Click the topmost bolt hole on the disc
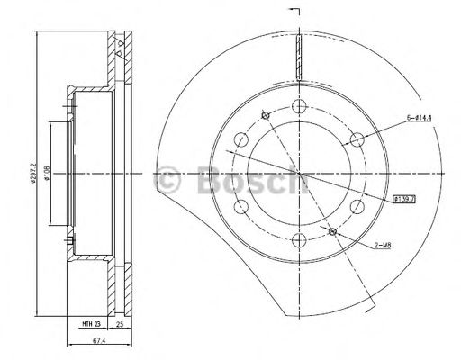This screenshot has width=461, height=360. [x=298, y=105]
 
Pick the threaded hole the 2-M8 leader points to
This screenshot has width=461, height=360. [x=333, y=231]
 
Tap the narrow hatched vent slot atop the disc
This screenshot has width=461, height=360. [x=298, y=59]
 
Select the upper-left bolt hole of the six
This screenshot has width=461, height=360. [x=240, y=139]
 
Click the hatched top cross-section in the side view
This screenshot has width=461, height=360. [x=117, y=54]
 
